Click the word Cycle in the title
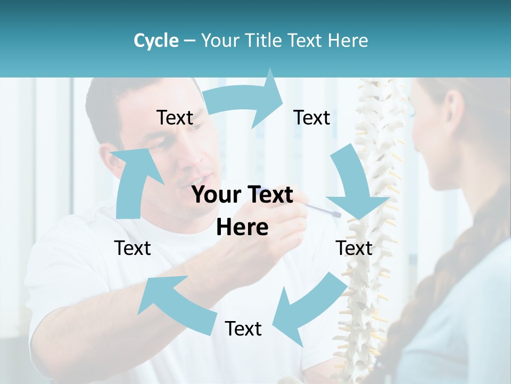click(x=156, y=41)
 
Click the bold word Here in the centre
click(x=242, y=228)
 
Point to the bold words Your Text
click(x=242, y=195)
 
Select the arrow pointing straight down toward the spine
click(x=355, y=186)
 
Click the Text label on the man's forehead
click(x=175, y=118)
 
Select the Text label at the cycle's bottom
click(x=243, y=329)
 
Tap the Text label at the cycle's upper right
click(x=312, y=118)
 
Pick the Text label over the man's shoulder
click(x=133, y=248)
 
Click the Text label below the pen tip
click(x=354, y=248)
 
